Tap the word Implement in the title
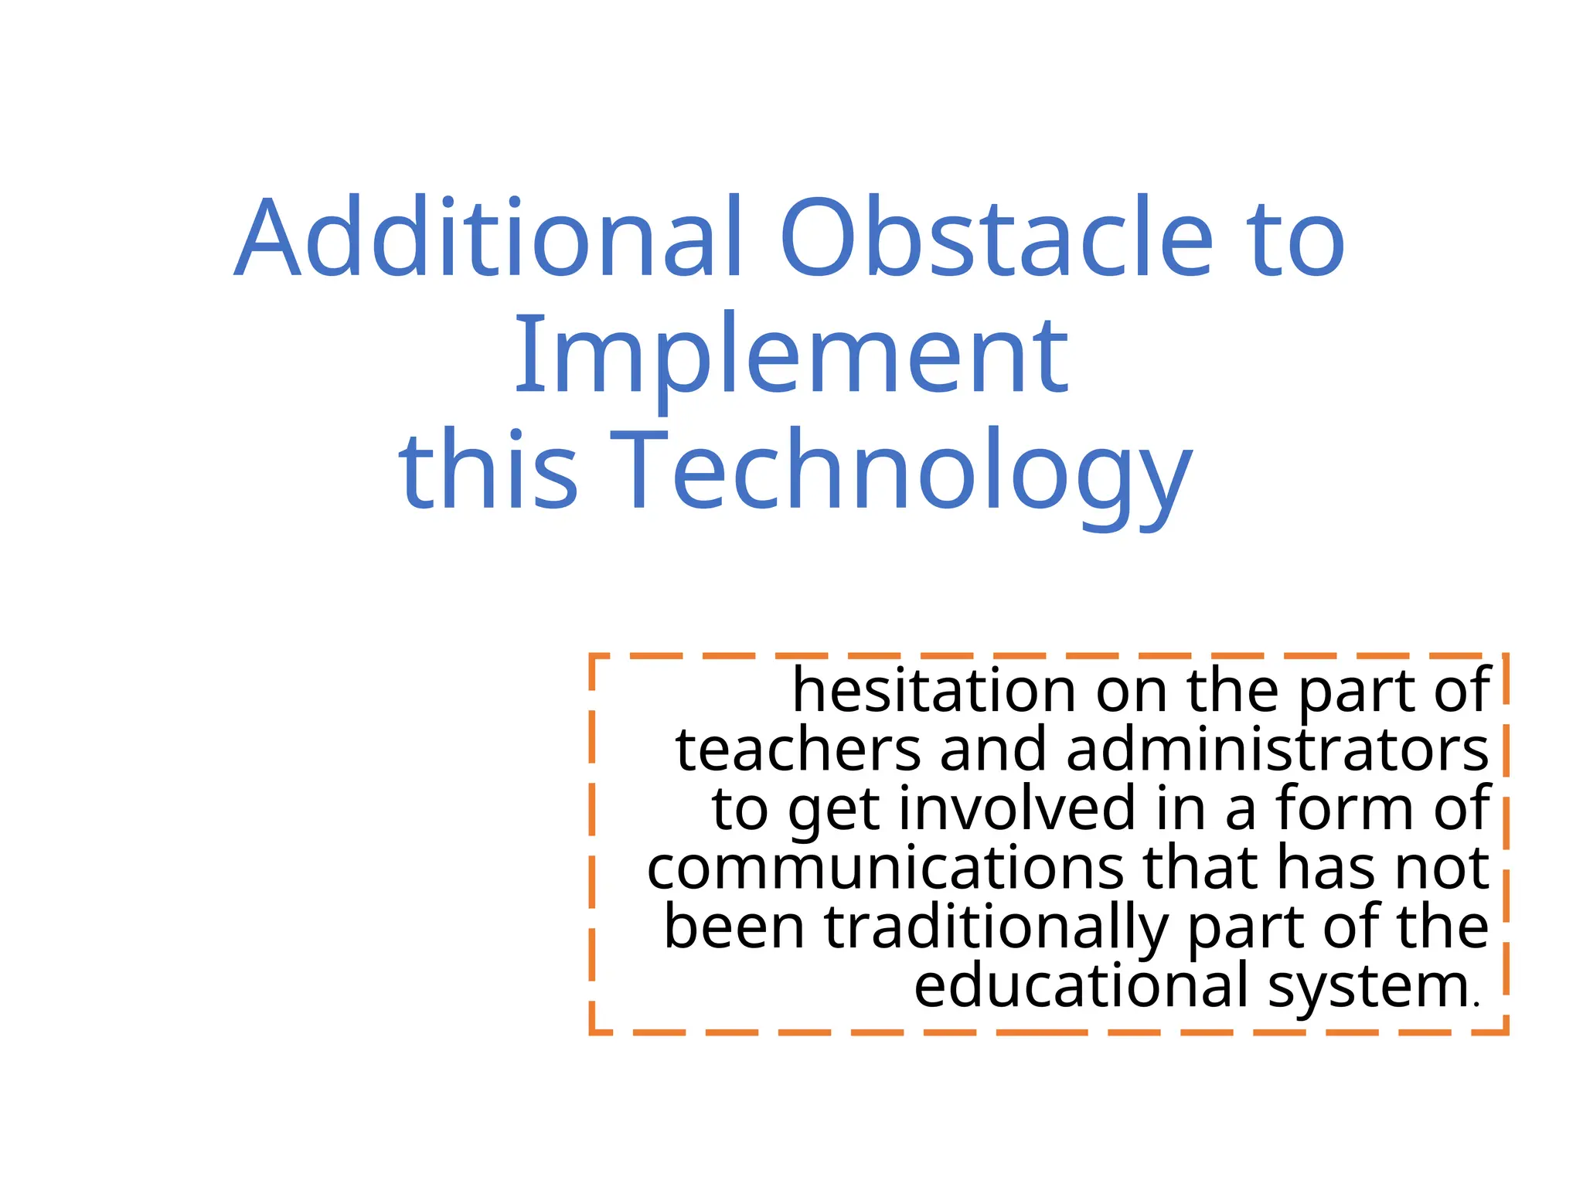click(791, 355)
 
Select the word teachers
click(798, 750)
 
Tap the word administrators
click(1277, 750)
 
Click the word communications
click(886, 868)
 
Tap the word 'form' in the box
click(1345, 808)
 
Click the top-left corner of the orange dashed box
click(592, 656)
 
